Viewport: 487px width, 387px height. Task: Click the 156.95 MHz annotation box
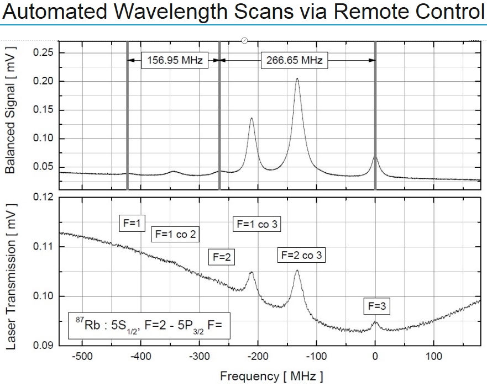pyautogui.click(x=174, y=60)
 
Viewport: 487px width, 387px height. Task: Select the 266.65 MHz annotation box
pyautogui.click(x=295, y=60)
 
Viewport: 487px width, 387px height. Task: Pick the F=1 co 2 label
pyautogui.click(x=175, y=234)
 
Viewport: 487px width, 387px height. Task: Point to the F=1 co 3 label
pyautogui.click(x=257, y=224)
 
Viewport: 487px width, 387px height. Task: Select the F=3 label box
pyautogui.click(x=376, y=306)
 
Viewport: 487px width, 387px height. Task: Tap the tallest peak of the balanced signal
pyautogui.click(x=297, y=79)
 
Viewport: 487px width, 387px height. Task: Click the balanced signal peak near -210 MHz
pyautogui.click(x=252, y=118)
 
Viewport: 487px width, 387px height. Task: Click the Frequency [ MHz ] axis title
pyautogui.click(x=271, y=377)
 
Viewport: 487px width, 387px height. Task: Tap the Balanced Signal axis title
pyautogui.click(x=10, y=110)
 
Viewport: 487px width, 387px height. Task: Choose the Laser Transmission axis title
pyautogui.click(x=10, y=271)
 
